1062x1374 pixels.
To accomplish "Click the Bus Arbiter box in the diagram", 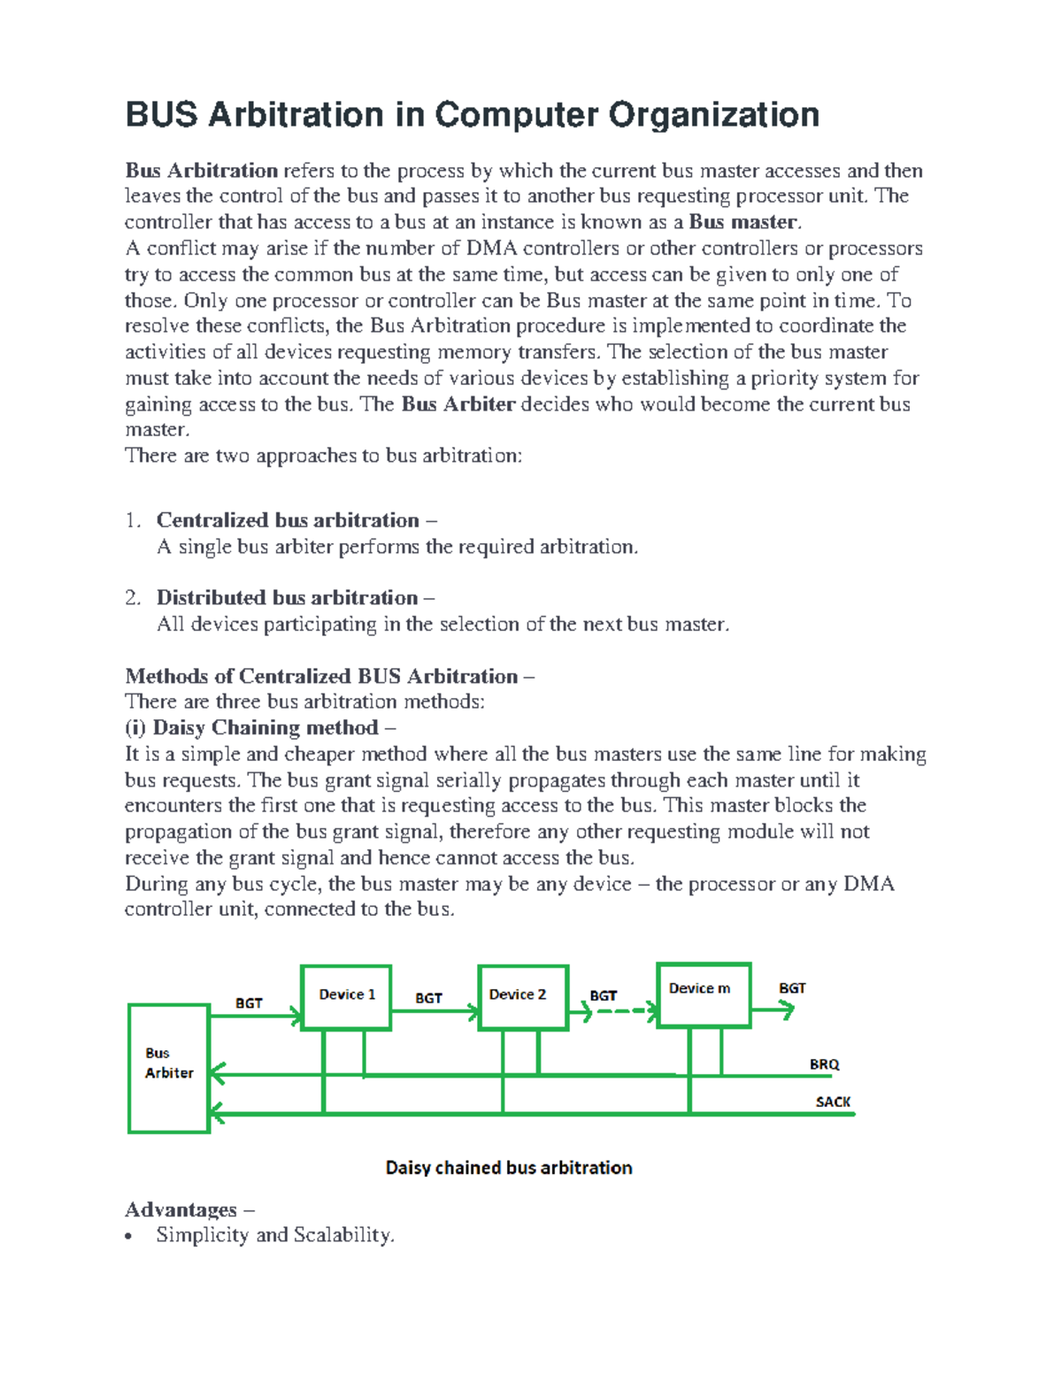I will (x=169, y=1068).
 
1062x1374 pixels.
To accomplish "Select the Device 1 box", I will (x=346, y=997).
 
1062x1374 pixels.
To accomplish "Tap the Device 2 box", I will (x=522, y=997).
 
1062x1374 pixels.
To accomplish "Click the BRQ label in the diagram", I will (x=824, y=1064).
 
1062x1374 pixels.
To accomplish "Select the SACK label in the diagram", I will (x=833, y=1102).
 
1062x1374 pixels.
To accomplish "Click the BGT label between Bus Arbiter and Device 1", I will (x=249, y=1003).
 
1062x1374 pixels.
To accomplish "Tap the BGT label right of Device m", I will (x=792, y=988).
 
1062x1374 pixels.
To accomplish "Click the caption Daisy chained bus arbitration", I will (x=509, y=1168).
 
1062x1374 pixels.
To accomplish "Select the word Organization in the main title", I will (x=713, y=115).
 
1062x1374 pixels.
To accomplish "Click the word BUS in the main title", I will (x=161, y=115).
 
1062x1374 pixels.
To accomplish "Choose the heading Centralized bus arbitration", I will (x=288, y=520).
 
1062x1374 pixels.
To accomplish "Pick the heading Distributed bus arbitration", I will (x=287, y=598).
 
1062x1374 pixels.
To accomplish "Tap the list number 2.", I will (x=133, y=598).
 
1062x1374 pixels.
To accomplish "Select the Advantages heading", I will (x=181, y=1209).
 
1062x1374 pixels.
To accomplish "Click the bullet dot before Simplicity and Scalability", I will (x=130, y=1237).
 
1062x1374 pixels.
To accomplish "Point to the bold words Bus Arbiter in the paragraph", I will (x=458, y=404).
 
